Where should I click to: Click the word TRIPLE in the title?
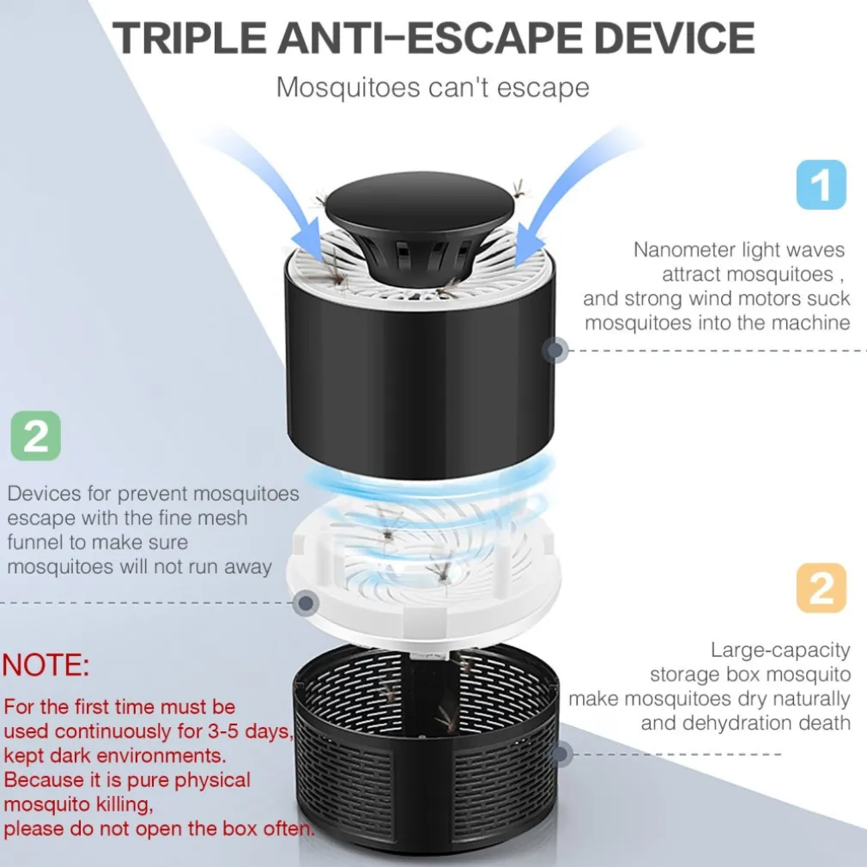pyautogui.click(x=189, y=38)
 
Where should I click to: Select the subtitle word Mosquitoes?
pyautogui.click(x=349, y=88)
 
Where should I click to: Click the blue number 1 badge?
pyautogui.click(x=822, y=185)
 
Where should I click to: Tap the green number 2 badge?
pyautogui.click(x=36, y=436)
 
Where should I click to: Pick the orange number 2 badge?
pyautogui.click(x=822, y=588)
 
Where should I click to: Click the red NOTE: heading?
pyautogui.click(x=45, y=664)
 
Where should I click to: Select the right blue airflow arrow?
pyautogui.click(x=575, y=188)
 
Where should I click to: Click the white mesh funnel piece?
pyautogui.click(x=423, y=569)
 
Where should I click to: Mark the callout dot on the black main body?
pyautogui.click(x=555, y=350)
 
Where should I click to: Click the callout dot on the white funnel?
pyautogui.click(x=306, y=603)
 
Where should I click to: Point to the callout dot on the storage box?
pyautogui.click(x=561, y=754)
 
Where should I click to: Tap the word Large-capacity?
pyautogui.click(x=780, y=651)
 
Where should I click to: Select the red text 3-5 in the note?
pyautogui.click(x=223, y=731)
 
